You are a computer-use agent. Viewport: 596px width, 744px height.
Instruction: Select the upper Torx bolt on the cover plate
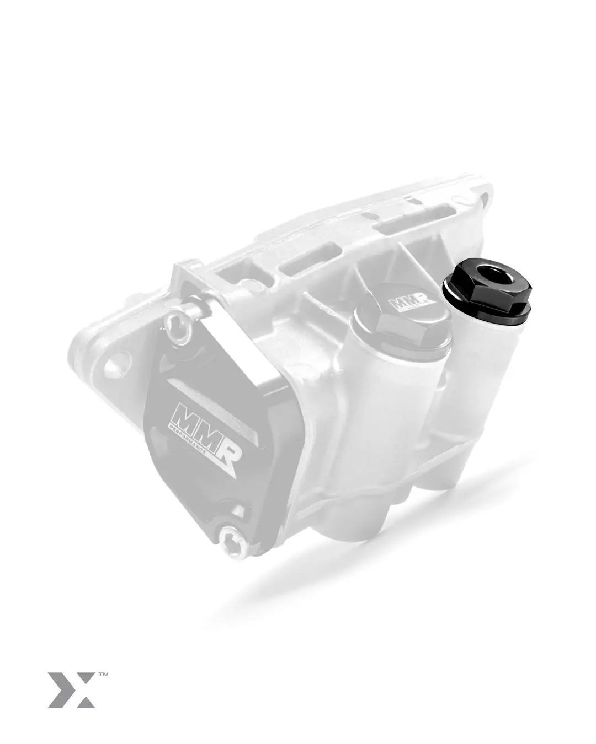[x=179, y=325]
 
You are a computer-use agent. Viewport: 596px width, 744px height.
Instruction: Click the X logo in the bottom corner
[x=71, y=689]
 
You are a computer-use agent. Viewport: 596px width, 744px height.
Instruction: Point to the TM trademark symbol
[x=103, y=673]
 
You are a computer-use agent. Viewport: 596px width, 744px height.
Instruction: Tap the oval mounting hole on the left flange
[x=113, y=365]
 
